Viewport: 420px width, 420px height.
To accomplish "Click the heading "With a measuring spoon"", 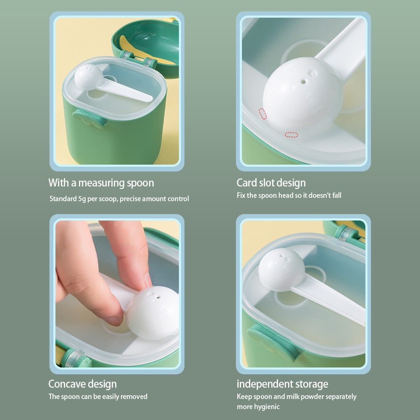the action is click(101, 183).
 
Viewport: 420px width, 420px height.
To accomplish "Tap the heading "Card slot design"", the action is click(271, 183).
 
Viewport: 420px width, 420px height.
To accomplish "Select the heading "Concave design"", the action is click(82, 384).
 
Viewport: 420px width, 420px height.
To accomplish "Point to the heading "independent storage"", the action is click(282, 384).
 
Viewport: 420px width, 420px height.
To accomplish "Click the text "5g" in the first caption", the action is click(82, 199).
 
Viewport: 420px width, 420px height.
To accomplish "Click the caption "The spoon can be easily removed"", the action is click(98, 396).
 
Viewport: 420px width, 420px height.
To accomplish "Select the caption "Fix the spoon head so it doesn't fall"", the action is click(289, 195).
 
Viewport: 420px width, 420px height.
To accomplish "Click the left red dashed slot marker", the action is click(263, 114).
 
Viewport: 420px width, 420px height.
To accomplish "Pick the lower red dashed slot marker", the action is click(291, 135).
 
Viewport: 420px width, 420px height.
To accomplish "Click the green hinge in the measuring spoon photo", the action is click(138, 59).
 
